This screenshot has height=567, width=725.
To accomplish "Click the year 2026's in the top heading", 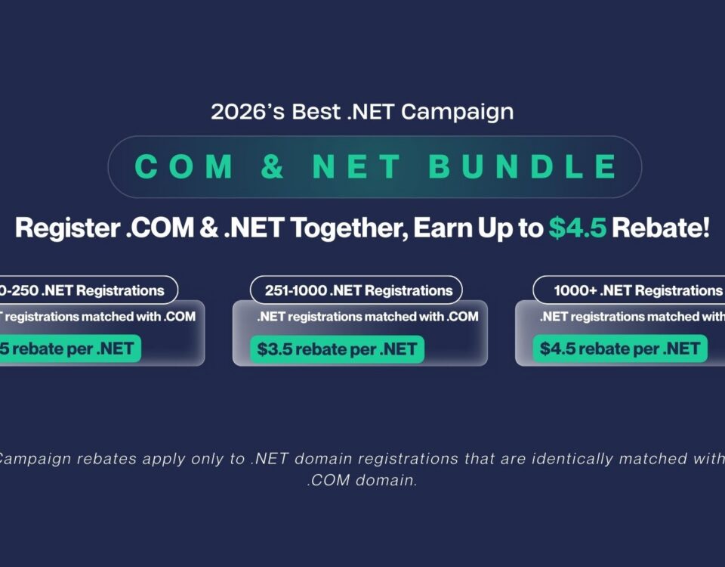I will click(238, 112).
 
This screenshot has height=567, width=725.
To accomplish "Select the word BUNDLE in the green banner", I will click(523, 167).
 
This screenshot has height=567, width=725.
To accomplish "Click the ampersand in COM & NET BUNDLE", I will click(273, 167).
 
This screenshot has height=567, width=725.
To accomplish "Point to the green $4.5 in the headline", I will click(578, 228).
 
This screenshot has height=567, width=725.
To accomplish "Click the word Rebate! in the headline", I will click(661, 228).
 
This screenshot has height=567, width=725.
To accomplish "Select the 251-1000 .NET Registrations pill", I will click(356, 290).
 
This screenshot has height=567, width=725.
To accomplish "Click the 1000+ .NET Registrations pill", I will click(634, 290).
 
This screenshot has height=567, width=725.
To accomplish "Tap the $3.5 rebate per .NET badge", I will click(337, 349).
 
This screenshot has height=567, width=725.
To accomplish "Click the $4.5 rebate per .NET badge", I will click(620, 349).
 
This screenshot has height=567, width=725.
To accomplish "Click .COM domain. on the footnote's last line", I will click(362, 480).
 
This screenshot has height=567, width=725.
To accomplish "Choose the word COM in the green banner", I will click(184, 167).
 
